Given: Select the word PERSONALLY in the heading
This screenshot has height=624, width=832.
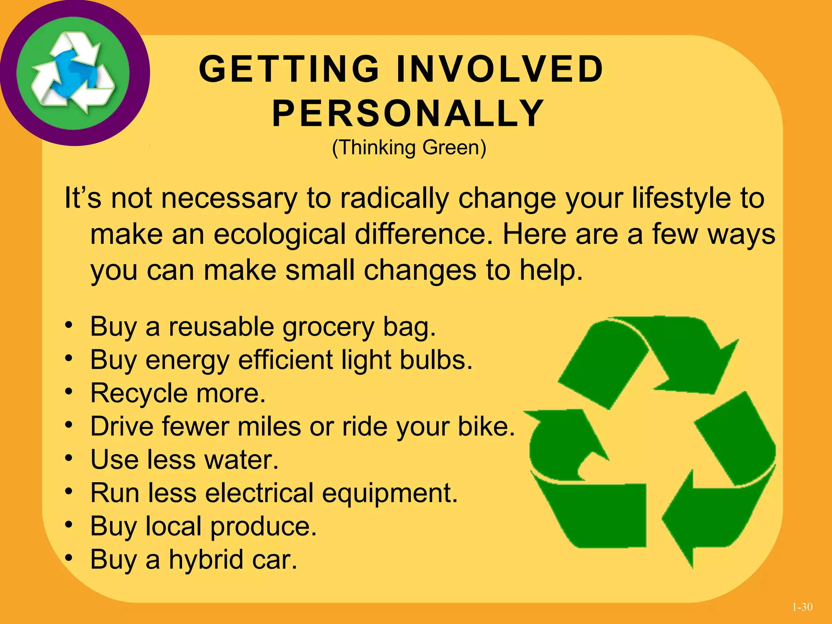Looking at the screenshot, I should [408, 113].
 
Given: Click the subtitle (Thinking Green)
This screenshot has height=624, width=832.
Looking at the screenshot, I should [409, 147].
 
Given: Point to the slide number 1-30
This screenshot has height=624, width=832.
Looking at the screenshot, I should [802, 607].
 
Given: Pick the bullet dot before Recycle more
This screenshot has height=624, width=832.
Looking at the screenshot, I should [69, 392].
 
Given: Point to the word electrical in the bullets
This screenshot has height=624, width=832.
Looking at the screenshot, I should [260, 493].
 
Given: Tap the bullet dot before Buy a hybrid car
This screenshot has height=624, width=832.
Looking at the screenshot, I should [69, 558].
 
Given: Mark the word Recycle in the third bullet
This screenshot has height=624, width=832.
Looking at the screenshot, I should [139, 393].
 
